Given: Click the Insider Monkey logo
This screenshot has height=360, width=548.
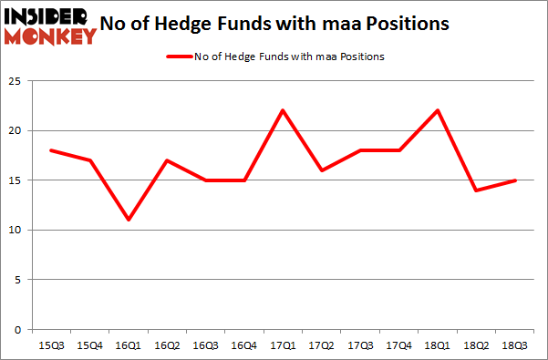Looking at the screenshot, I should coord(51,26).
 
